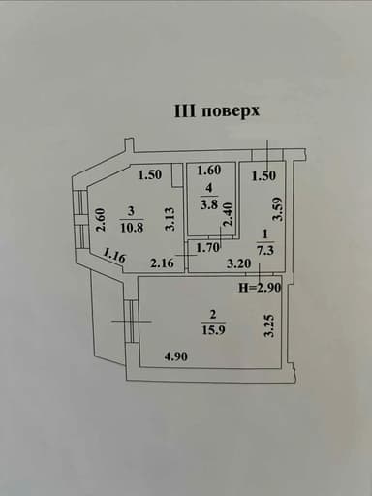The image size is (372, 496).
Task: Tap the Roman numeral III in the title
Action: click(185, 110)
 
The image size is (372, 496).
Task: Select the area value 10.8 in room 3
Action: click(132, 228)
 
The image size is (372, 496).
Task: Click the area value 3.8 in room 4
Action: click(209, 204)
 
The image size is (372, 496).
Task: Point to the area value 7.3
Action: click(265, 250)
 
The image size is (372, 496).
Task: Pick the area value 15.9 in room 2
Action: click(213, 330)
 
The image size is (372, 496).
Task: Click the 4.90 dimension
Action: click(175, 356)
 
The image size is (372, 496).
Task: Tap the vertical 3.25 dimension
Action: click(269, 326)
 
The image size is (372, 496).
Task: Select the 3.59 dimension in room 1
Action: click(277, 209)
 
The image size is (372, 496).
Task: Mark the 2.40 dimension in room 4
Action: click(228, 214)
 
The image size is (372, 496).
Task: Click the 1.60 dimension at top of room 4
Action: click(209, 170)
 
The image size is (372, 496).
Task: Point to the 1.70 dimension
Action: click(208, 248)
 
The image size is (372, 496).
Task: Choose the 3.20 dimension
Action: click(238, 263)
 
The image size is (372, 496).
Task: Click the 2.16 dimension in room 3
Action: click(162, 263)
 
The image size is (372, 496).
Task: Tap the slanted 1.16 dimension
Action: click(114, 256)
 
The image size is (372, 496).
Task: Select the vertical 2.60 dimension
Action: click(102, 220)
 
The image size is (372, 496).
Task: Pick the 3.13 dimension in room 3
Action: click(170, 219)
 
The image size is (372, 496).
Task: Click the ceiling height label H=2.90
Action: click(260, 287)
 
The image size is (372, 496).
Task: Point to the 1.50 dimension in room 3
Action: click(150, 175)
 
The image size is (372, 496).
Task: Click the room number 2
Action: click(213, 314)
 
